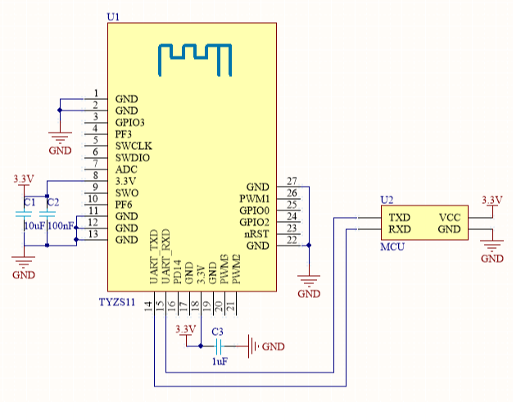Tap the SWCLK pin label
tap(133, 145)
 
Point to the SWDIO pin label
tap(133, 157)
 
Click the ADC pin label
tap(126, 169)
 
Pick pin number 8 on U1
tap(96, 175)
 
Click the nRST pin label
tap(254, 233)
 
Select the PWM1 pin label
tap(253, 199)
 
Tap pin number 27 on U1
tap(292, 181)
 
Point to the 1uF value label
tap(219, 361)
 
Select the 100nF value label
tap(62, 225)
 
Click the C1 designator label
tap(29, 201)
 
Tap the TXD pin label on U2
tap(399, 217)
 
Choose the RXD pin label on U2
tap(399, 229)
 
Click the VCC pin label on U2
tap(450, 217)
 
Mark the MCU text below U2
tap(392, 246)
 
